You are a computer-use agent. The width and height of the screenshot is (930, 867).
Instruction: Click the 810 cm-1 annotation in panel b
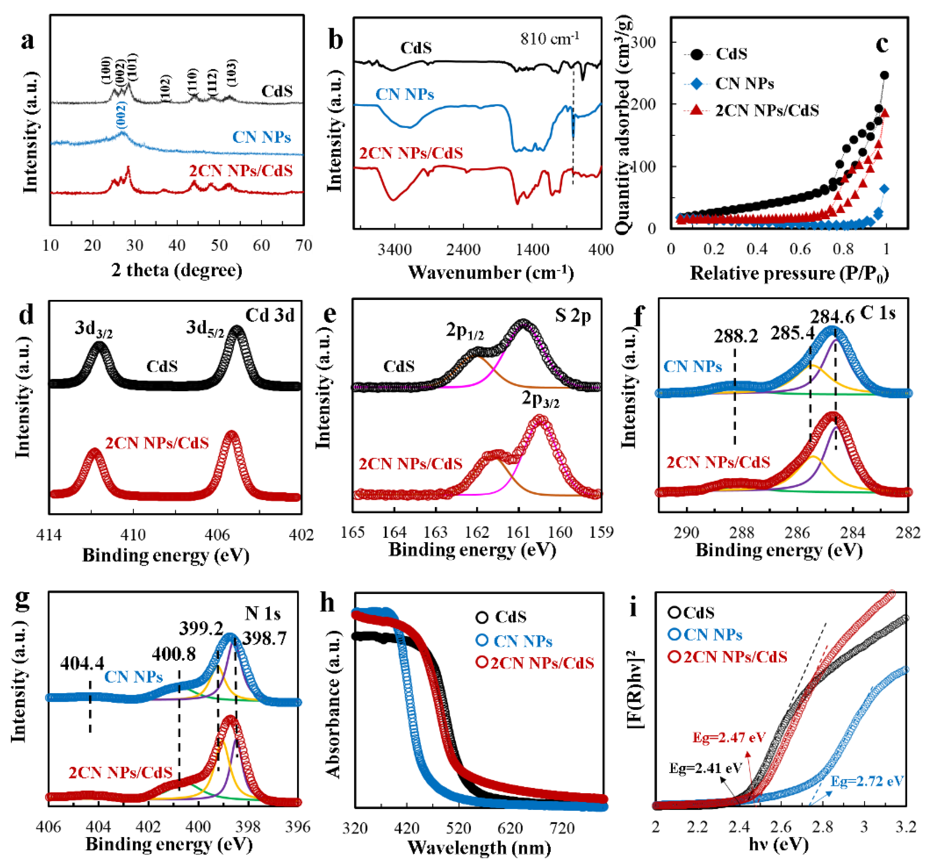pos(550,38)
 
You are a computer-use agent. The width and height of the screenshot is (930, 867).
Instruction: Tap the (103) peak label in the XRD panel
pos(231,73)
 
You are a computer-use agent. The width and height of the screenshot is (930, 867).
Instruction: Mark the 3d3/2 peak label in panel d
pos(94,329)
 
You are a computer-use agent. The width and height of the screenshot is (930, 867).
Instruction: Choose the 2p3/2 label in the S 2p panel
pos(540,399)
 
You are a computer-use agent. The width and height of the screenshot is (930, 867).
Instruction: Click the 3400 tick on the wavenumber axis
pos(394,250)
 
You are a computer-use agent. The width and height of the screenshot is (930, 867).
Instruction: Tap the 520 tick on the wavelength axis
pos(459,829)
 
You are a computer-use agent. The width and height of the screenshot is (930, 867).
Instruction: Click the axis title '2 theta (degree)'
pos(177,270)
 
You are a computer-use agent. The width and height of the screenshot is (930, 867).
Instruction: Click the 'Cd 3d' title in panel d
pos(270,316)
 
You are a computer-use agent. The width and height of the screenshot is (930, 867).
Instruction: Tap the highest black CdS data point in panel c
pos(884,75)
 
